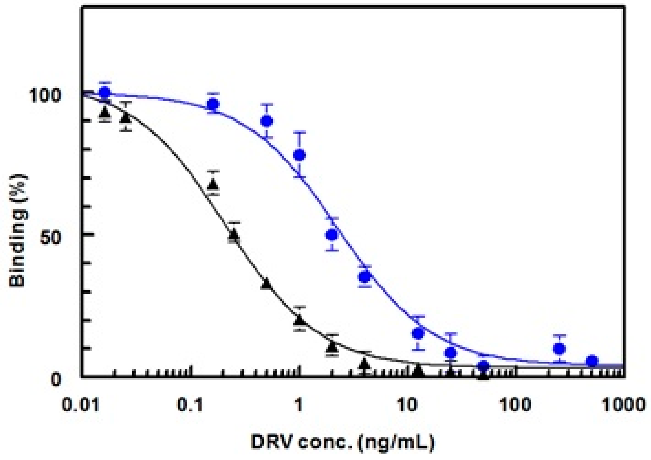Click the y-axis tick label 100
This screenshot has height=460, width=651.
coord(45,96)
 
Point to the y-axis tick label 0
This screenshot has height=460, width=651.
coord(56,380)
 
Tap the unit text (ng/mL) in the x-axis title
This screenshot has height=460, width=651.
coord(396,442)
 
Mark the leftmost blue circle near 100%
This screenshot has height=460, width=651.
coord(105,92)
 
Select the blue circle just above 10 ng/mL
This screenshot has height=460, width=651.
coord(418,334)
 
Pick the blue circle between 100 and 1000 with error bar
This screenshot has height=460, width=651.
coord(559,349)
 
